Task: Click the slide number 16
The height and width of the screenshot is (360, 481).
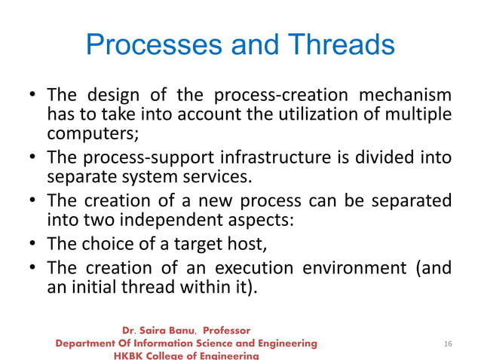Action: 448,344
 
